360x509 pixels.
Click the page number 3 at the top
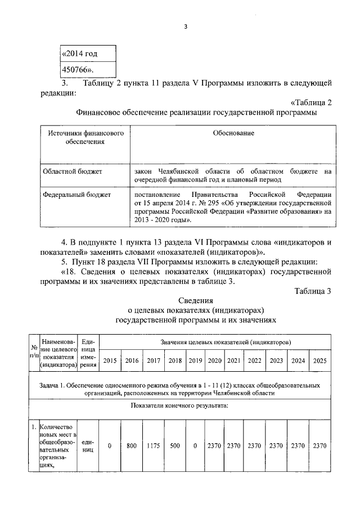[184, 26]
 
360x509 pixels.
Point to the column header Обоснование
[233, 133]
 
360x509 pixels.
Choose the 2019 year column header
[195, 361]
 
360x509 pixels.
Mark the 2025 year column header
[320, 361]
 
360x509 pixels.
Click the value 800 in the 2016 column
[132, 445]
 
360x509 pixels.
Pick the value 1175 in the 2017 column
[154, 445]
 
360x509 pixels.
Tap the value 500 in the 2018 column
[175, 445]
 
